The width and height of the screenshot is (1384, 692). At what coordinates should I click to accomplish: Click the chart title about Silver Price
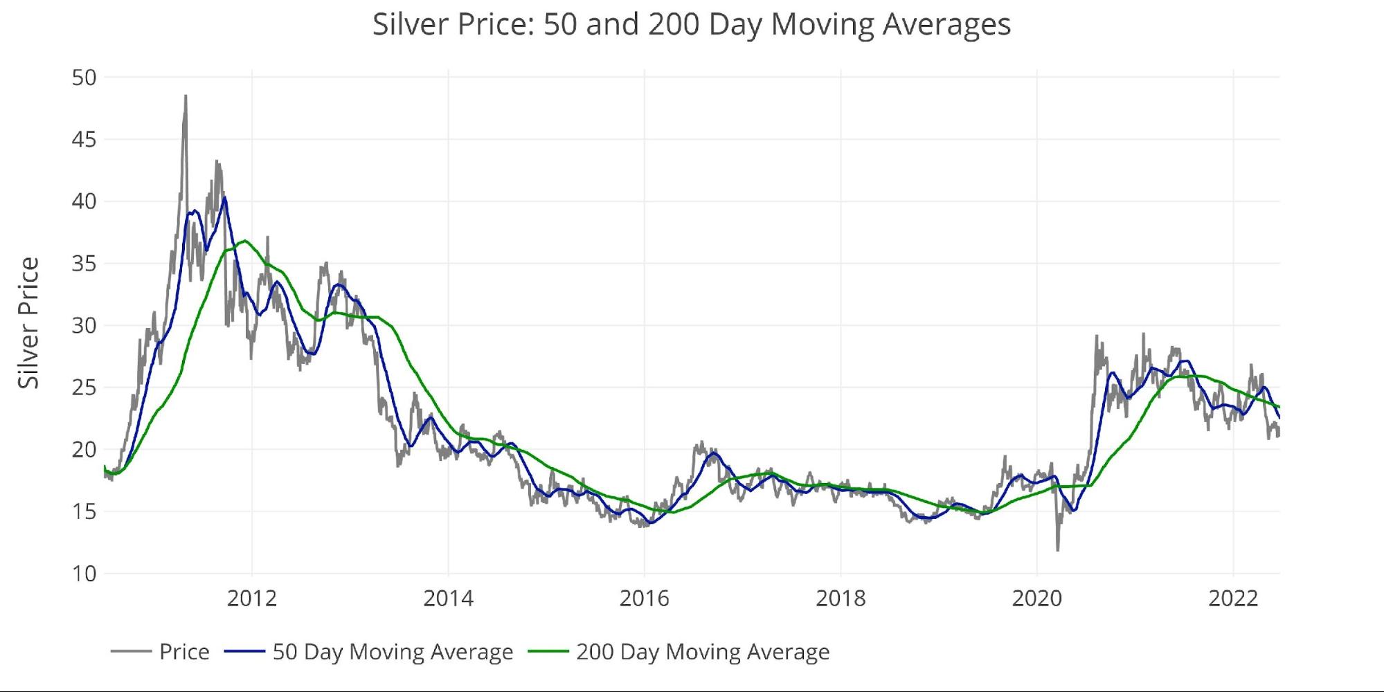tap(692, 24)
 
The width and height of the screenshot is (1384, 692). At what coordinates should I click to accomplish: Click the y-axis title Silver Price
tap(28, 322)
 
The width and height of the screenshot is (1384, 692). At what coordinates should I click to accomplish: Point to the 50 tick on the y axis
tap(84, 78)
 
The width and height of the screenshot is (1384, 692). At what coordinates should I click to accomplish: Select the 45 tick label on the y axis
tap(84, 140)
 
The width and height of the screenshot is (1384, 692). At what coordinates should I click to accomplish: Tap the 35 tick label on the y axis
tap(84, 264)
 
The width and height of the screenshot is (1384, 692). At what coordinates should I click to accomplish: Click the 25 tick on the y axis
tap(84, 388)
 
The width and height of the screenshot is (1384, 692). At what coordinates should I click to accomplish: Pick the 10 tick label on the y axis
tap(84, 574)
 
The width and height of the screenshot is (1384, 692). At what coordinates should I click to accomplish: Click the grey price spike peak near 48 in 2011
tap(186, 96)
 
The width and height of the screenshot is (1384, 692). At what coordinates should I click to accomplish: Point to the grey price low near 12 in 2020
tap(1057, 550)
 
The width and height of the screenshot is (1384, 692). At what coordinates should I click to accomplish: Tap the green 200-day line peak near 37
tap(244, 241)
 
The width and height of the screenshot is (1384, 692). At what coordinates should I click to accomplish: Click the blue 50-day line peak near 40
tap(224, 199)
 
